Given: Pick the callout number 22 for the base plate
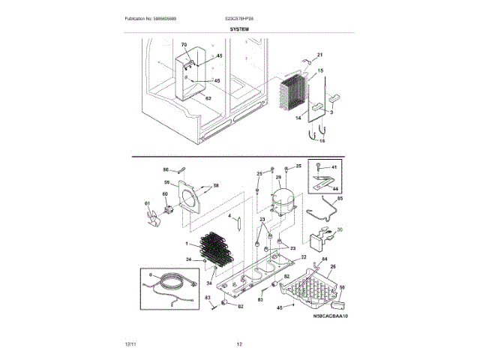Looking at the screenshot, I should tap(304, 257).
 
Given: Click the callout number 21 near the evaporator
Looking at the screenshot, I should tap(319, 55).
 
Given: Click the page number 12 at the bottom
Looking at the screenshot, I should tap(239, 344).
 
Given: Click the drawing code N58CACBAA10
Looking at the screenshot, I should tap(331, 316).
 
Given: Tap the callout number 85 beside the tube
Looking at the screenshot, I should tap(339, 199).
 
